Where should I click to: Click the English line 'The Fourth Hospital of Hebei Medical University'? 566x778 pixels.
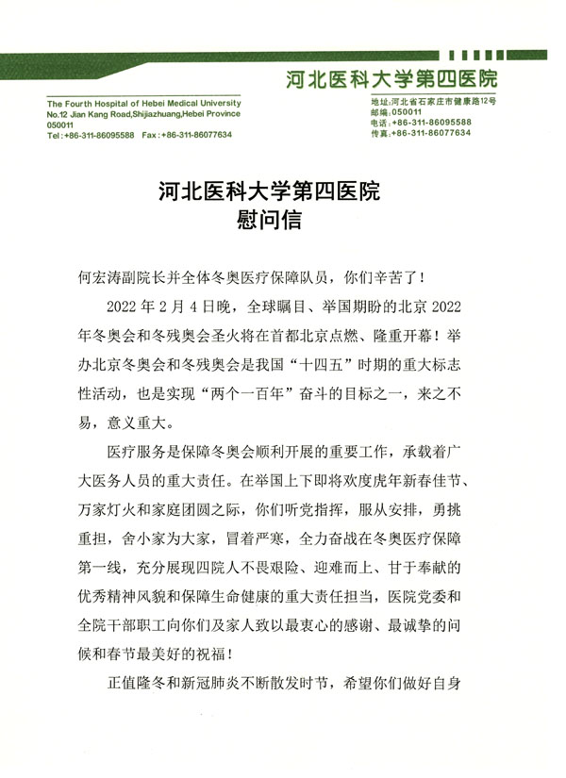pos(143,104)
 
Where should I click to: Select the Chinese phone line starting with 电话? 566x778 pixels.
pos(421,123)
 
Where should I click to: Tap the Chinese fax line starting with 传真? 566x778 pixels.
pos(421,134)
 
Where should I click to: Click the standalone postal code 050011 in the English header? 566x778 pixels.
pos(60,125)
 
